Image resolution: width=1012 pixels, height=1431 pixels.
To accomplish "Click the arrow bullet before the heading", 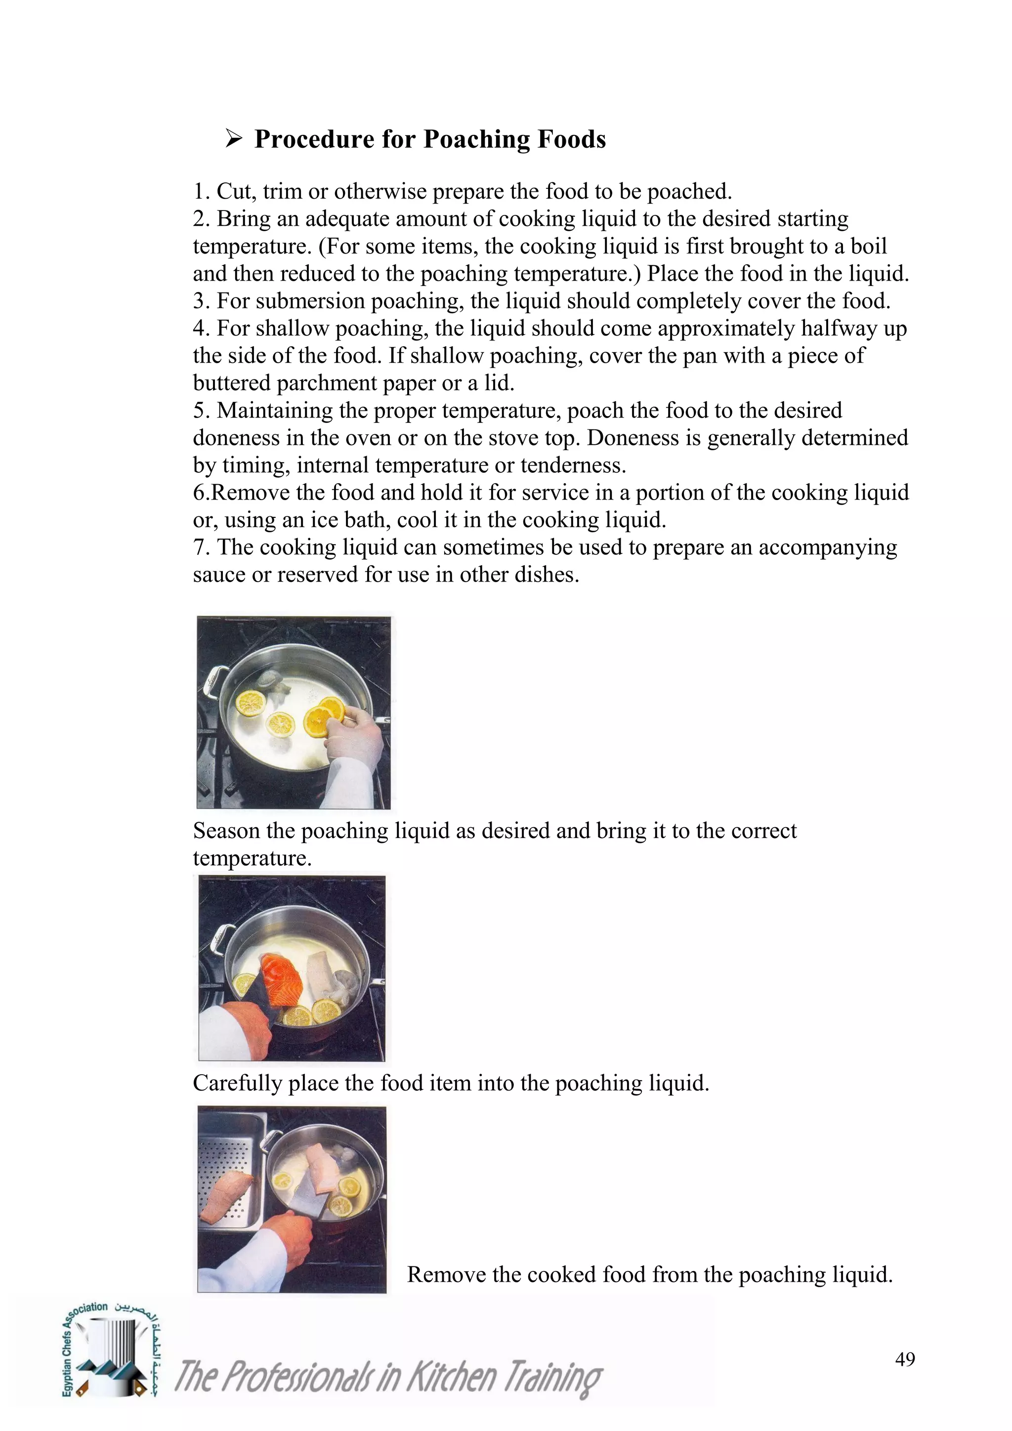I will coord(234,138).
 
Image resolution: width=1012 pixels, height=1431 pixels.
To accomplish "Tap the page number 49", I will coord(905,1359).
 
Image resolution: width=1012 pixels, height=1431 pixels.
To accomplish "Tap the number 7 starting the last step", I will coord(200,547).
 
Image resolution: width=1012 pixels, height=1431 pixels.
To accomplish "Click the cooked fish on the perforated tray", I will coord(226,1195).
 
